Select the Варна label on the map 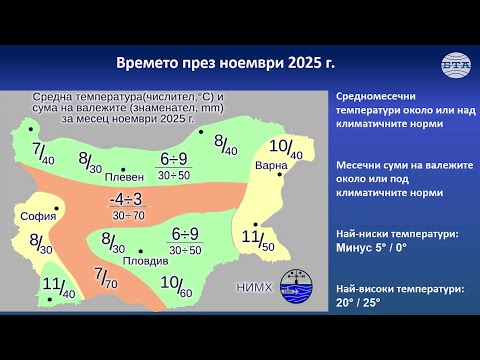point(272,165)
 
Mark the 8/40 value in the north point(225,143)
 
